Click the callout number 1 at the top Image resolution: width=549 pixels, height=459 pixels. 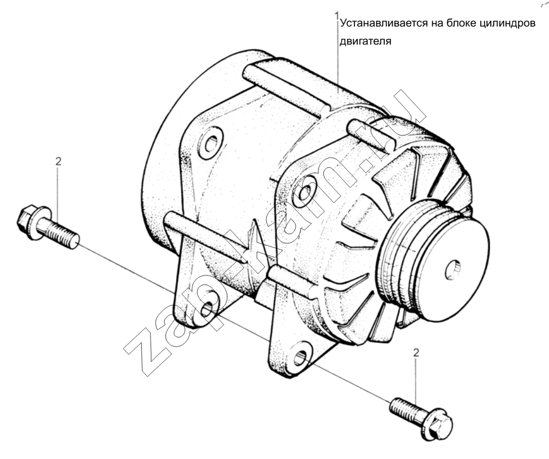(337, 16)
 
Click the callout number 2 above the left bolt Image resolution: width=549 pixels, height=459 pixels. (58, 161)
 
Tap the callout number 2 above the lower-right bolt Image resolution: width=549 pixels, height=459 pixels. (416, 353)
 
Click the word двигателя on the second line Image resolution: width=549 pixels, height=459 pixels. (365, 42)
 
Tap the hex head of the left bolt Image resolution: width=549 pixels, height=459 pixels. (27, 220)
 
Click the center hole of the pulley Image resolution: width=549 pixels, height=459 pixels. (453, 270)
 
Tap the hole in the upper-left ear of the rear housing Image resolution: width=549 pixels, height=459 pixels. (211, 143)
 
